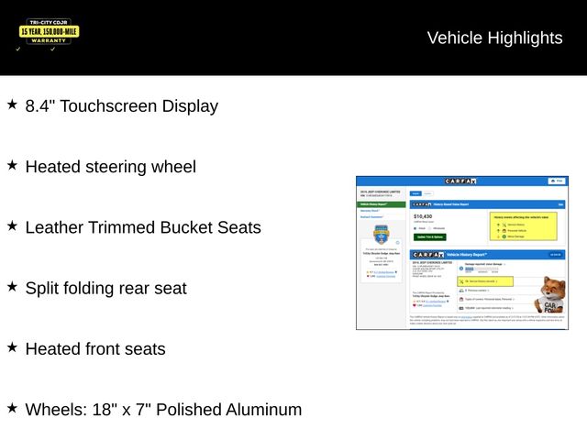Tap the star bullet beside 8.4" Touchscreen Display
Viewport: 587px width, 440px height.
click(x=12, y=104)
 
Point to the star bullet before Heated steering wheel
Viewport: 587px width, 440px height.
click(x=12, y=165)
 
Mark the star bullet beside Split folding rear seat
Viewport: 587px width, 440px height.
click(x=12, y=286)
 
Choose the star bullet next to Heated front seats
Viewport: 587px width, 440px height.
click(x=12, y=347)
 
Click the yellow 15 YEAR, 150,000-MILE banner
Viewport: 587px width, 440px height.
click(x=49, y=31)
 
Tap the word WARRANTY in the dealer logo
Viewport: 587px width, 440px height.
click(x=50, y=40)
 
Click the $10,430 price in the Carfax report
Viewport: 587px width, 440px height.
click(x=423, y=216)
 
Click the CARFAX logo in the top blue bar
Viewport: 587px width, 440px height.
click(x=460, y=181)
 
